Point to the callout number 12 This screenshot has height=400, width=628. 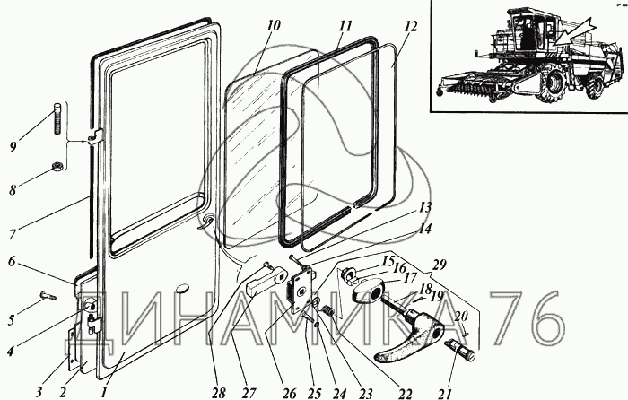pos(411,27)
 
